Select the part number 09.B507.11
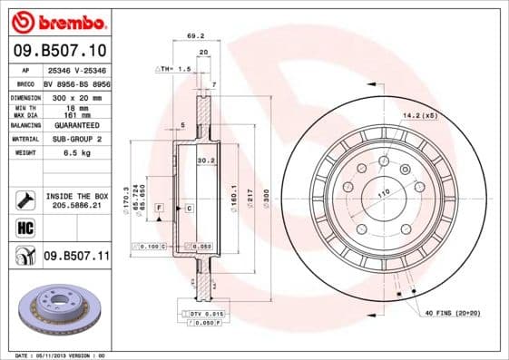pos(75,257)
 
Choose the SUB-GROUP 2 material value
pos(74,139)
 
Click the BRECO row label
pos(24,82)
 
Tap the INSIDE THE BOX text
pos(75,196)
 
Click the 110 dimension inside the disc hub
pos(383,193)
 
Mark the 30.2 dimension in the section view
pos(204,161)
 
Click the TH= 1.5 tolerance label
pos(173,68)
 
